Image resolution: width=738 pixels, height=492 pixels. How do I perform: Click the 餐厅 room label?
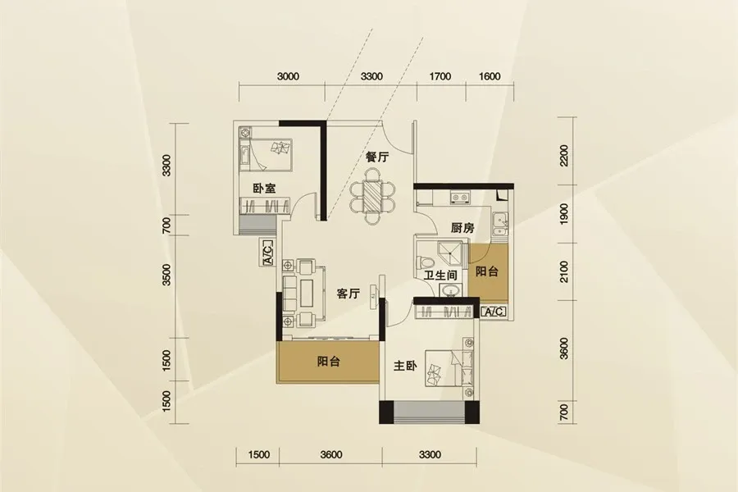377,157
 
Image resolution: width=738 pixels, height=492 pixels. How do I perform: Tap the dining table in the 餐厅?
373,198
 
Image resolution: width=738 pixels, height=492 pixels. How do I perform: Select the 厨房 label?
462,228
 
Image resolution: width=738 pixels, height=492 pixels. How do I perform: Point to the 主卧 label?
405,366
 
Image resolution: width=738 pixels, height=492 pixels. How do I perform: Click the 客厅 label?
348,294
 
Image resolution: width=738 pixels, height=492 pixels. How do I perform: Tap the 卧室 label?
264,189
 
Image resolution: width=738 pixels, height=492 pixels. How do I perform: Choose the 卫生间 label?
440,276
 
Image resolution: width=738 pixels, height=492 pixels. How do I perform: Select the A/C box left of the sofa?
266,253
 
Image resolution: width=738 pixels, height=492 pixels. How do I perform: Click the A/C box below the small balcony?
494,312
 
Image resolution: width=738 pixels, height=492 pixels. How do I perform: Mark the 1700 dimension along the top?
440,76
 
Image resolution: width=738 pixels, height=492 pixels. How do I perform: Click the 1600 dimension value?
490,76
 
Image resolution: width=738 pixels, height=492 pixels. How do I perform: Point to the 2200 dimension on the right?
564,155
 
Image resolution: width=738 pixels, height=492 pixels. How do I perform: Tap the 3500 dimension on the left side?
166,275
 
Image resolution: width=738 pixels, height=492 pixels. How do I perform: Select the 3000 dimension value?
288,76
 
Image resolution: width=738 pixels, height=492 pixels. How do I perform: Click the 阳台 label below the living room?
329,362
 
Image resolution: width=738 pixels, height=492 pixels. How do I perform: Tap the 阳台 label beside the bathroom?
486,271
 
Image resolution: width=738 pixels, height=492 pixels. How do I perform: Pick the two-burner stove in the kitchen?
460,198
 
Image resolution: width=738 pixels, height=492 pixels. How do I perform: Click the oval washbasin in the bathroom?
450,289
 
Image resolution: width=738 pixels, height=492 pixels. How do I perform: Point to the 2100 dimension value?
564,271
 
